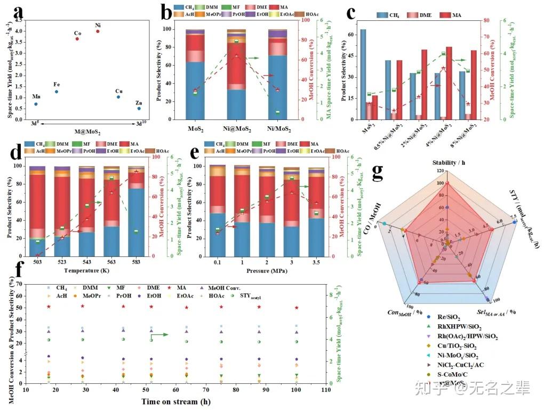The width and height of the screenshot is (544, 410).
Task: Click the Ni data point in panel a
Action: (x=98, y=31)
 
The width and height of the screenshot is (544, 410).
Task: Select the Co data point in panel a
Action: (x=77, y=39)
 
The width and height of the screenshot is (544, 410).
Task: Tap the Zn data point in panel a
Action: (x=139, y=108)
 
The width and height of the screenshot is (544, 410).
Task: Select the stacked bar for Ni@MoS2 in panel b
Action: (x=236, y=75)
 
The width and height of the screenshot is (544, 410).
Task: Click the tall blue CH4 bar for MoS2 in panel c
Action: (x=363, y=74)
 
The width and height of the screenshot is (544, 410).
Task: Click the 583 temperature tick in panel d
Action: (x=135, y=263)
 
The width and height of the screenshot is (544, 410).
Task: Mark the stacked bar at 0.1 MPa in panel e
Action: (x=218, y=211)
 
